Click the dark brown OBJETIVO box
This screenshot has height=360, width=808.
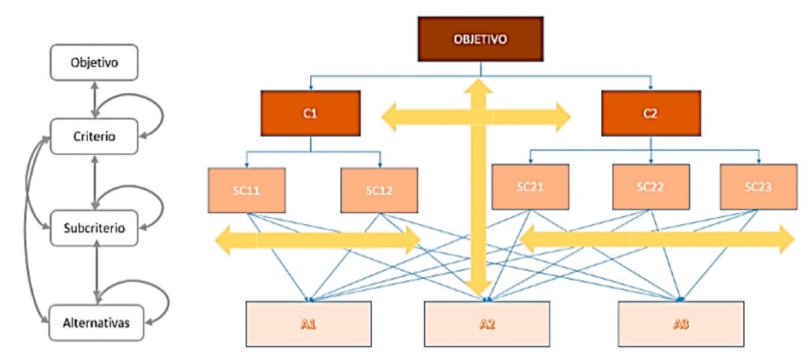pyautogui.click(x=481, y=38)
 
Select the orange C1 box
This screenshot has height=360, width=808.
pyautogui.click(x=310, y=113)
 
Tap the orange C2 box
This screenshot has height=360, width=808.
pyautogui.click(x=650, y=113)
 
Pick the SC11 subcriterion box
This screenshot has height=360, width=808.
pyautogui.click(x=247, y=189)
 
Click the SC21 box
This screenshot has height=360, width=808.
pyautogui.click(x=530, y=186)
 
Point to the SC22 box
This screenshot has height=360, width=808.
pyautogui.click(x=651, y=186)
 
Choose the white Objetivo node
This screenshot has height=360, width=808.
pyautogui.click(x=95, y=62)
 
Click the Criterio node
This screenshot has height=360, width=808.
pyautogui.click(x=95, y=136)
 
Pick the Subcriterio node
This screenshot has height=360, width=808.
pyautogui.click(x=95, y=229)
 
